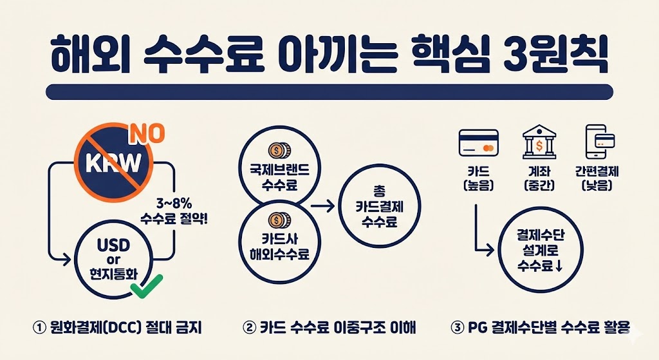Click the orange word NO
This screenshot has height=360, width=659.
tap(147, 134)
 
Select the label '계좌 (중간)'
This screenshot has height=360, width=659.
tap(539, 178)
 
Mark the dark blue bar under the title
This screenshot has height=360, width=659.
tap(329, 91)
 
